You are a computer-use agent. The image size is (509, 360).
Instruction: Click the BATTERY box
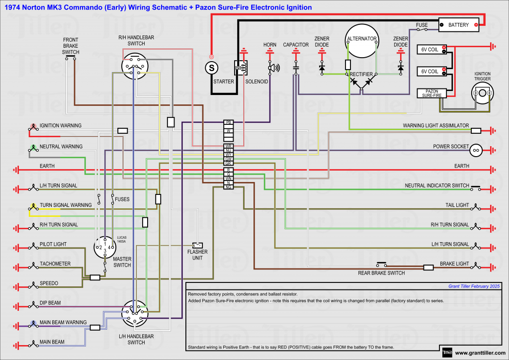tap(458, 25)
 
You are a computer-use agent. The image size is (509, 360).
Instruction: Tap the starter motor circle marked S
tap(212, 67)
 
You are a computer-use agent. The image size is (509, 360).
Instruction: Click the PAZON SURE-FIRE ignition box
tap(432, 93)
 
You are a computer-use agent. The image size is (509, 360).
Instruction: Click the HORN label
tap(270, 45)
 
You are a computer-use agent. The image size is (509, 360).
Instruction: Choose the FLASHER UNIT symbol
tap(198, 245)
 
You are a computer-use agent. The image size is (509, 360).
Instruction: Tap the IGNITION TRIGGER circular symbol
tap(482, 93)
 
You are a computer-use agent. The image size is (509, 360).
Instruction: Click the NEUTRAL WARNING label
tap(61, 147)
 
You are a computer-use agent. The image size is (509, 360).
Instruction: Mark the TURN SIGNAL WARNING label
tap(66, 205)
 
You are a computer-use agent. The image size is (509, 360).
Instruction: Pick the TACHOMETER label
tap(55, 264)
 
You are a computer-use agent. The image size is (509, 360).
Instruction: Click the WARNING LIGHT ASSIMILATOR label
tap(435, 126)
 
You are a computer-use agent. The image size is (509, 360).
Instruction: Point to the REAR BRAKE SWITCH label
tap(381, 273)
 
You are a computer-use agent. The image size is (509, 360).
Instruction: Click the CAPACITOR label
tap(296, 45)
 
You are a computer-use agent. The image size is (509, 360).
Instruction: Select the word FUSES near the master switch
tap(122, 199)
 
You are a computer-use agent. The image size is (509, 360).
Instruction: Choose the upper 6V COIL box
tap(430, 49)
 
